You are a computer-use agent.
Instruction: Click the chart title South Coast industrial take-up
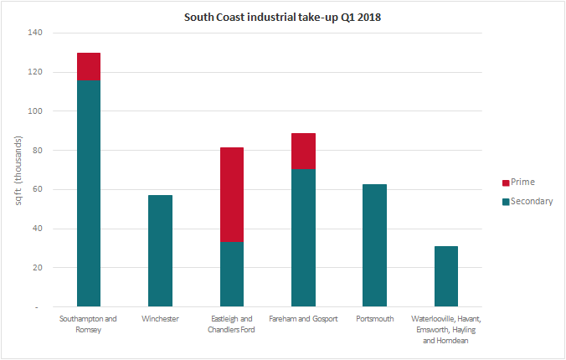pyautogui.click(x=282, y=18)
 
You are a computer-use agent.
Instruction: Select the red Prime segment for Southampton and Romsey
pyautogui.click(x=89, y=66)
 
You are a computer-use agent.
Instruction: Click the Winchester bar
pyautogui.click(x=160, y=251)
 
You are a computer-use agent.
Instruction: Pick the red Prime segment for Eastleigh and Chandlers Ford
pyautogui.click(x=232, y=195)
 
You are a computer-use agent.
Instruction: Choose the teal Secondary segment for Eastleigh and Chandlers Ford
pyautogui.click(x=232, y=275)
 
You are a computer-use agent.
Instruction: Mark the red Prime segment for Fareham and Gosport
pyautogui.click(x=303, y=151)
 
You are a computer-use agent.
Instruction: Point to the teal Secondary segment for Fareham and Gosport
pyautogui.click(x=303, y=238)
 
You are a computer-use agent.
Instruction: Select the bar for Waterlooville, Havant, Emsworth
pyautogui.click(x=446, y=276)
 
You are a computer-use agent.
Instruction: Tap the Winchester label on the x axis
pyautogui.click(x=160, y=319)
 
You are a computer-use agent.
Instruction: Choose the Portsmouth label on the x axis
pyautogui.click(x=374, y=319)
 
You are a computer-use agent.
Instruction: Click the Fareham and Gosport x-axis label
pyautogui.click(x=303, y=319)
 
